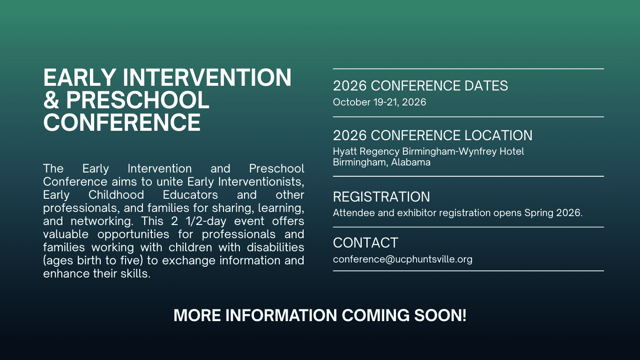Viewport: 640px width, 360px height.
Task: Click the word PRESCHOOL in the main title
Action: pyautogui.click(x=137, y=100)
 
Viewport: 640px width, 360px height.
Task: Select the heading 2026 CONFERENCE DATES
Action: pyautogui.click(x=420, y=86)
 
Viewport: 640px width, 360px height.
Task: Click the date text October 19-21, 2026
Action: pyautogui.click(x=380, y=102)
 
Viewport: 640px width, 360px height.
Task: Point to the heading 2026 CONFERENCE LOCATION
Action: pyautogui.click(x=432, y=135)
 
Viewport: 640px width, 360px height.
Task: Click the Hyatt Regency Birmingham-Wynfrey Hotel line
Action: pyautogui.click(x=428, y=151)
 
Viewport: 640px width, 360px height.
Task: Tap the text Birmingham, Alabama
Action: pyautogui.click(x=381, y=163)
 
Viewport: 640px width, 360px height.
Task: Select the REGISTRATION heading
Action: pyautogui.click(x=381, y=197)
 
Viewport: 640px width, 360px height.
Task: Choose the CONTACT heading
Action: pyautogui.click(x=365, y=243)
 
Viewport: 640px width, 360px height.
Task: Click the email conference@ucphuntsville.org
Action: pyautogui.click(x=402, y=259)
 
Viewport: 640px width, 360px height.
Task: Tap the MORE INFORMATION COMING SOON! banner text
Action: pyautogui.click(x=320, y=315)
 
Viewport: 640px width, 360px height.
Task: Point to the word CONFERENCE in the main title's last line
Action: pyautogui.click(x=122, y=123)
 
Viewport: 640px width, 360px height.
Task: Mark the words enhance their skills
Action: pyautogui.click(x=97, y=274)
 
